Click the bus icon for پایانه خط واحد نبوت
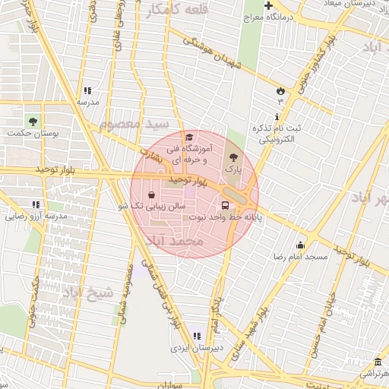click(226, 204)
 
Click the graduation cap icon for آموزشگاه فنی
click(188, 137)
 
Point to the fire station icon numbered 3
click(280, 90)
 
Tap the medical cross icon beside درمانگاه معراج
click(268, 5)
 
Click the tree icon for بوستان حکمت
click(32, 121)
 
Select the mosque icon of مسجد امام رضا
click(301, 245)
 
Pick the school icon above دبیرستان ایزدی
click(197, 335)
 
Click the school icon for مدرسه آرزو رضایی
click(36, 204)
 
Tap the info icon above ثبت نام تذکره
click(277, 116)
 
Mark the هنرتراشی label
click(372, 375)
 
